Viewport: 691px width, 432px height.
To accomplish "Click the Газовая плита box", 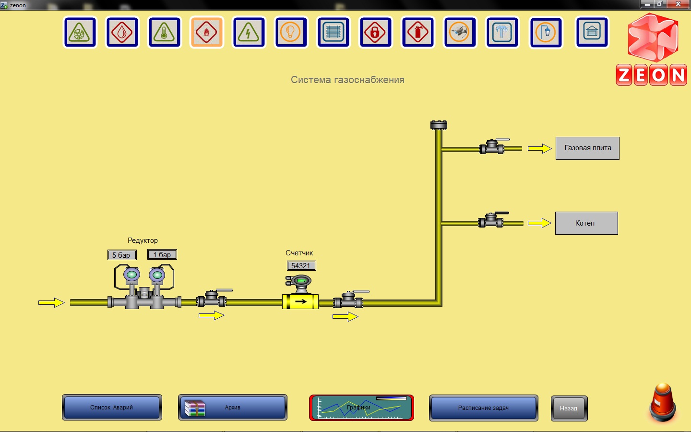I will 587,148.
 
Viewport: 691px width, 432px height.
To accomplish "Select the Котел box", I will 586,223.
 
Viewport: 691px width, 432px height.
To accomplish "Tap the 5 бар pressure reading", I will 122,255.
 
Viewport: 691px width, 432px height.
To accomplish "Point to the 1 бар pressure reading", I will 162,255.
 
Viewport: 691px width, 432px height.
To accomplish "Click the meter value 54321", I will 301,266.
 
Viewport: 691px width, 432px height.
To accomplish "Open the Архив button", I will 233,408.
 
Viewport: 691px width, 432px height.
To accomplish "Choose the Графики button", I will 361,408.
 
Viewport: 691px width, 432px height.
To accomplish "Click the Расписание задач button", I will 483,408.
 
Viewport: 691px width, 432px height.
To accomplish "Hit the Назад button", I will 569,408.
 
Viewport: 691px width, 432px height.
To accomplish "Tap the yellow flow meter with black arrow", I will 300,301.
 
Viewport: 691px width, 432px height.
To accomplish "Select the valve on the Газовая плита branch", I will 492,147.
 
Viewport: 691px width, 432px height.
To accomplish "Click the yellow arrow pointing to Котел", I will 539,223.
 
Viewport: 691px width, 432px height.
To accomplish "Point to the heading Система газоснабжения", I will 347,80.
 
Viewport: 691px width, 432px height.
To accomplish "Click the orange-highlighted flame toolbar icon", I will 207,33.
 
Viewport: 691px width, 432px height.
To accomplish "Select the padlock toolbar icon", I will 376,33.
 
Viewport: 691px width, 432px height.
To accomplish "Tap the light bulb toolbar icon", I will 291,33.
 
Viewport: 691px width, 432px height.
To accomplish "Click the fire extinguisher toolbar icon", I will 418,33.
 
